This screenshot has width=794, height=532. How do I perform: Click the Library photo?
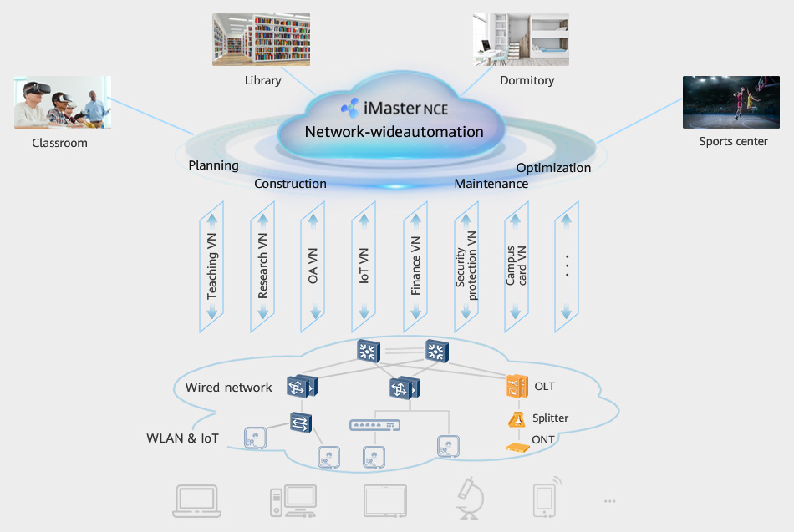click(x=261, y=39)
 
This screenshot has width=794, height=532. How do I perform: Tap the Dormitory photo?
click(x=521, y=39)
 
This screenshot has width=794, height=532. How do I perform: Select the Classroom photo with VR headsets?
click(x=63, y=103)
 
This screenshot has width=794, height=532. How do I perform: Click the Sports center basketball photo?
click(x=731, y=103)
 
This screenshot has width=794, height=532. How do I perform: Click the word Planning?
click(x=213, y=165)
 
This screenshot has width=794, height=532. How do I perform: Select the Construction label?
click(x=290, y=184)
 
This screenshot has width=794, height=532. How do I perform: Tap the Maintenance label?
click(x=491, y=184)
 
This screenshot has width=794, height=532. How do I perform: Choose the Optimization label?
click(x=553, y=168)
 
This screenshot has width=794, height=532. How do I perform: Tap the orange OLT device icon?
click(x=517, y=386)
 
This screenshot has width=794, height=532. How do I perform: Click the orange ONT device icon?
click(x=517, y=447)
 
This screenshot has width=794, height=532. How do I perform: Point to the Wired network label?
click(x=228, y=388)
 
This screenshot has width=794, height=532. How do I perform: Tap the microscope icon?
click(x=467, y=500)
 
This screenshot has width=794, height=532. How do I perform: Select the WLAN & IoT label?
click(x=182, y=438)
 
